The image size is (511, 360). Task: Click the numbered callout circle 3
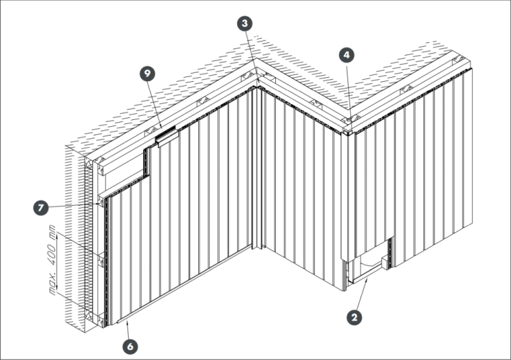[x=245, y=23]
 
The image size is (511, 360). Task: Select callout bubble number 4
[x=346, y=55]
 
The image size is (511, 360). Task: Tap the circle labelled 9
[x=147, y=74]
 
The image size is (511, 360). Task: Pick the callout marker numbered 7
[x=41, y=208]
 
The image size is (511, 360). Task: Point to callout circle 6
[x=130, y=346]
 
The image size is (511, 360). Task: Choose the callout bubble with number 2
[x=354, y=317]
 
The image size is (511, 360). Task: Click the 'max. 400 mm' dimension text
[x=52, y=260]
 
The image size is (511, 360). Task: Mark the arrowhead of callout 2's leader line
[x=368, y=278]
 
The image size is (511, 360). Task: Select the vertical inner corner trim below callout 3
[x=257, y=168]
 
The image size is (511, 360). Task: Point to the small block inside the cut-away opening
[x=385, y=262]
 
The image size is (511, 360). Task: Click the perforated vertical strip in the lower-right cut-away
[x=391, y=252]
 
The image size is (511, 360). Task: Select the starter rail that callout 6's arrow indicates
[x=185, y=284]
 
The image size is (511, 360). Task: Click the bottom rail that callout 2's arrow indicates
[x=365, y=273]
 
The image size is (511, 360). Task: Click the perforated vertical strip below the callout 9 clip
[x=146, y=162]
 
